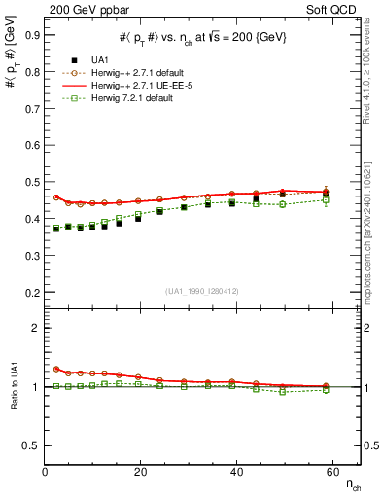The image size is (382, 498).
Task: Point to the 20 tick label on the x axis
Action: [141, 473]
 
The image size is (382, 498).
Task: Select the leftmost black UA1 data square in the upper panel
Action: [56, 229]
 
